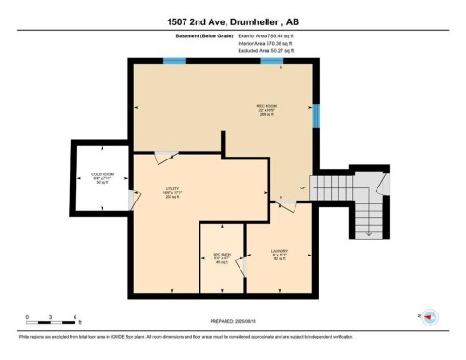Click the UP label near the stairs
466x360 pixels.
(303, 191)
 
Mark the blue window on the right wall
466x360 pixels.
(316, 115)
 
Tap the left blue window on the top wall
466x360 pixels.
(174, 62)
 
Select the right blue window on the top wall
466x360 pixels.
(272, 62)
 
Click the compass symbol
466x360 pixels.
(429, 317)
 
